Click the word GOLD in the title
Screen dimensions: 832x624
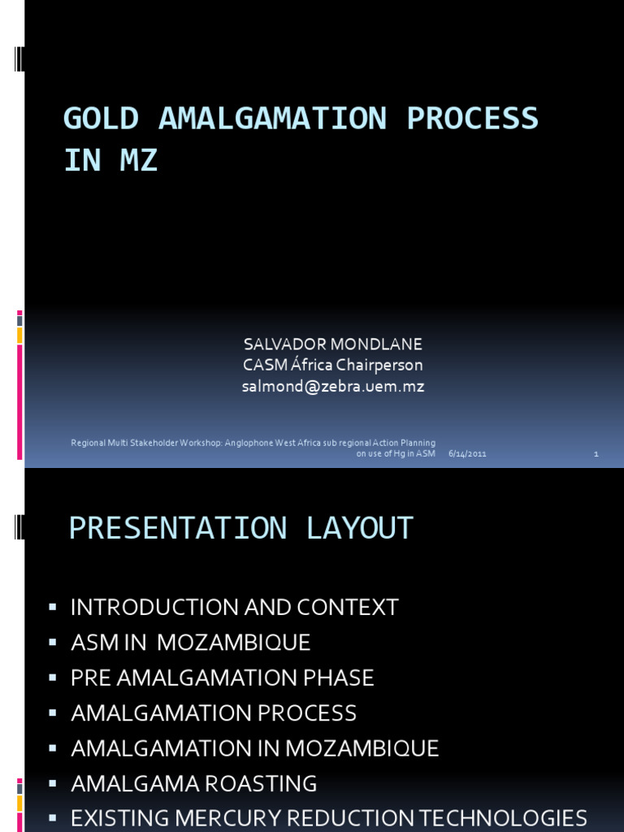101,119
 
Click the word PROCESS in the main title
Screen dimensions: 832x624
472,119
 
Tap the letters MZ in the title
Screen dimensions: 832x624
138,161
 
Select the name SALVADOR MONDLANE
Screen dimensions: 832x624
333,344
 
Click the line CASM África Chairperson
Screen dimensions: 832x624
333,365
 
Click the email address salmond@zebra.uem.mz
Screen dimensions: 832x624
333,387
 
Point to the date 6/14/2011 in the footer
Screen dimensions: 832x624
467,453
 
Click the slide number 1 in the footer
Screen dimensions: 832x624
596,453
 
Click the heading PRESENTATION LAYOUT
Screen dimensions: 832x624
241,528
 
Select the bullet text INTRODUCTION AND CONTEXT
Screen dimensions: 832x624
235,607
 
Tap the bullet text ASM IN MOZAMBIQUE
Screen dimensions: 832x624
191,643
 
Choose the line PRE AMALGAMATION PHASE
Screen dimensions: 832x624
223,678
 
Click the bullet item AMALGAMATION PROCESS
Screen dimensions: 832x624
214,713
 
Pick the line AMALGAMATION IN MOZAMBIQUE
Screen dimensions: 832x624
255,748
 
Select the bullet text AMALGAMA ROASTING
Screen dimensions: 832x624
194,784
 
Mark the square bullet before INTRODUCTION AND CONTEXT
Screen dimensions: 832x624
53,606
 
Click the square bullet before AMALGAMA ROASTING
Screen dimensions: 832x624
53,783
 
